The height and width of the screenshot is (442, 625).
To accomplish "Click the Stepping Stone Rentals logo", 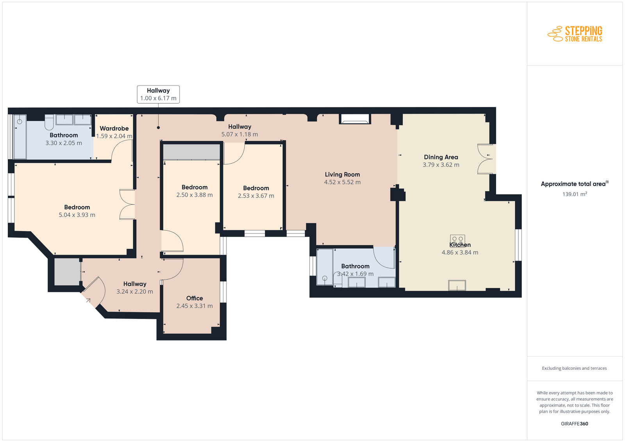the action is [x=575, y=34].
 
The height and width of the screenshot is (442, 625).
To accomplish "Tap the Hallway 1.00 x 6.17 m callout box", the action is [x=158, y=94].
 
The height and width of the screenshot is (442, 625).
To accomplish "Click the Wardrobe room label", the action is [x=114, y=128].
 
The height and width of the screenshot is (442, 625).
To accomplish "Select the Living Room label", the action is [x=342, y=175].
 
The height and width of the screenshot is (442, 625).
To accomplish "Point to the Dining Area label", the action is [x=441, y=157].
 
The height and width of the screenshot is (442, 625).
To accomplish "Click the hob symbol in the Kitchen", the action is [x=457, y=239].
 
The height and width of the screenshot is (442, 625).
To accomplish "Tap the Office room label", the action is [x=195, y=298].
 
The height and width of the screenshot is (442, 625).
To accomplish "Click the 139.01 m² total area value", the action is [x=575, y=194].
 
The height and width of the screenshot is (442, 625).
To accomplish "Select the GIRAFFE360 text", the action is [x=575, y=424].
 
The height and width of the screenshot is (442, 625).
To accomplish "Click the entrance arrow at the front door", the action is [x=88, y=300].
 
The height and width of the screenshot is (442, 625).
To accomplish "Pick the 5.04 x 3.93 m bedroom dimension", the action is [x=77, y=215].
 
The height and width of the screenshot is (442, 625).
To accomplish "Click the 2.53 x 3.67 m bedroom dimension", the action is [x=256, y=196].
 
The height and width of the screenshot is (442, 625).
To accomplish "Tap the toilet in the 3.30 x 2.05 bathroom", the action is [x=49, y=122].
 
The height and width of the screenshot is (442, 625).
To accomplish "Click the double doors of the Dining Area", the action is [x=485, y=159].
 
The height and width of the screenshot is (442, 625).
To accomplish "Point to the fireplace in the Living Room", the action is [x=355, y=119].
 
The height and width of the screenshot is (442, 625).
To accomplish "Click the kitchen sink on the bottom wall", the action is [x=457, y=285].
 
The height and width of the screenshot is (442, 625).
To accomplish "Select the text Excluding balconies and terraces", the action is [x=575, y=368].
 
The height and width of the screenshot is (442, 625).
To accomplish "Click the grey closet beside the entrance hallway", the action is [x=67, y=272].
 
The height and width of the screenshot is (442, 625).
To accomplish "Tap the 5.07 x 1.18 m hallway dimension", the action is [x=240, y=134].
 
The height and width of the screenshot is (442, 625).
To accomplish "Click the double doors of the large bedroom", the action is [x=127, y=205].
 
